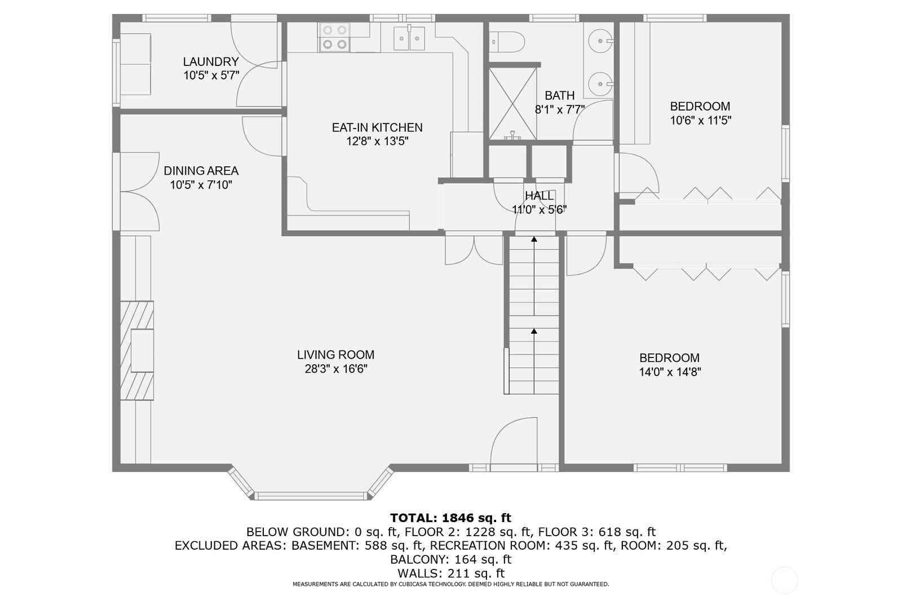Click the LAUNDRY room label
coord(211,61)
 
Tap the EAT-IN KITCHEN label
coord(377,127)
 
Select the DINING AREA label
coord(201,171)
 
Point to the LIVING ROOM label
coord(336,355)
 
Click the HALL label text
coord(539,196)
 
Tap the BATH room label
coord(560,95)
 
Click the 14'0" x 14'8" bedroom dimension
coord(670,372)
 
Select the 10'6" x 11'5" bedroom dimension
coord(701,121)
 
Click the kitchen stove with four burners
coord(334,37)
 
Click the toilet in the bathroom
coord(507,42)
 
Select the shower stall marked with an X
coord(512,104)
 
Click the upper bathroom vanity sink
coord(600,41)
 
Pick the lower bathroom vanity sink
coord(600,84)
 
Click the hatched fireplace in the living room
coord(137,351)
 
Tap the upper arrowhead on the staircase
coord(534,239)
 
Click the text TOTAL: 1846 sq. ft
coord(450,518)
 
